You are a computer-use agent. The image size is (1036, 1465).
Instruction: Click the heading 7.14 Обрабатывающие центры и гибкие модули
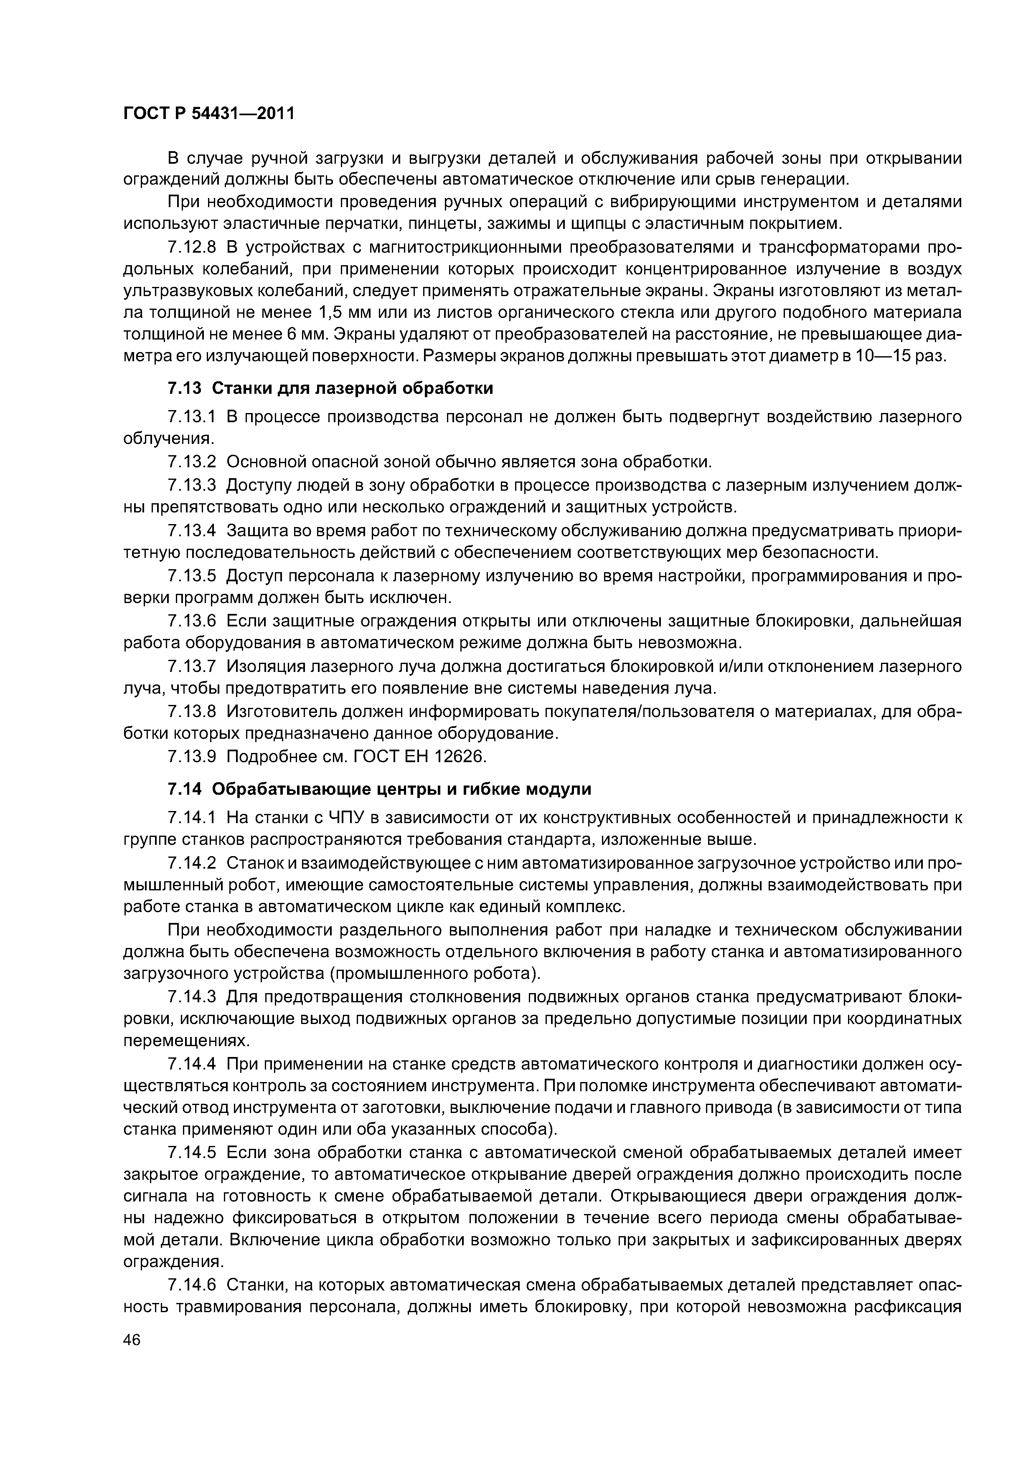[x=379, y=789]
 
